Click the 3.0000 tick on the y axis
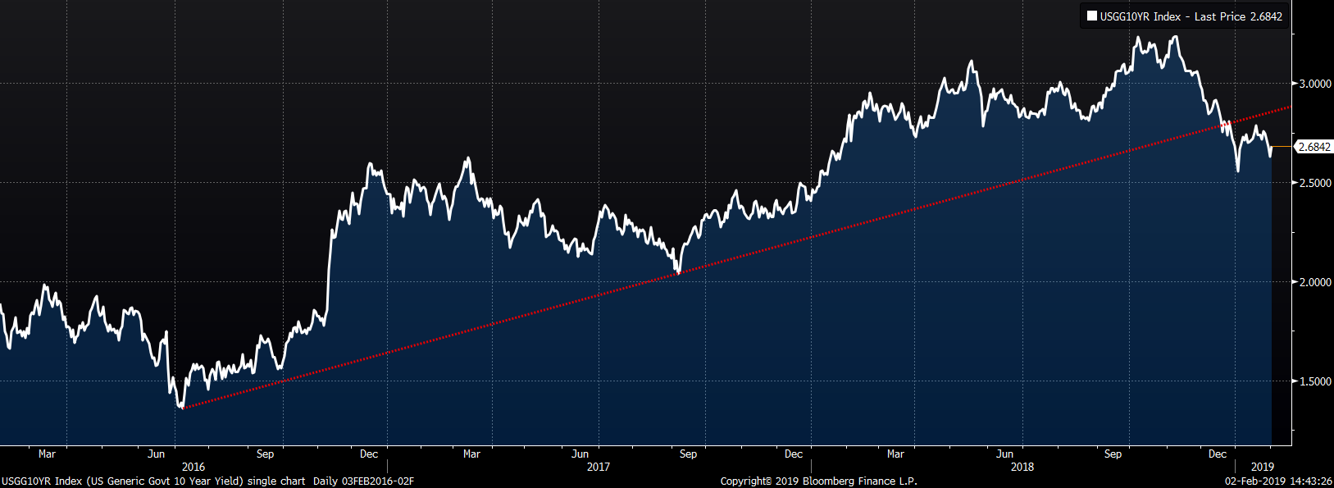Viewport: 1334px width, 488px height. pos(1314,84)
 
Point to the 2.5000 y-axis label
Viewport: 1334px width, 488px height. pos(1314,183)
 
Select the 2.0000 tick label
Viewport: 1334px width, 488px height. pos(1314,282)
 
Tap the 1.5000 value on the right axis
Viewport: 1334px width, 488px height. pos(1314,381)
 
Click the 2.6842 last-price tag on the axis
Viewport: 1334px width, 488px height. pos(1314,147)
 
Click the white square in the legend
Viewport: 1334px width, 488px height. pos(1092,16)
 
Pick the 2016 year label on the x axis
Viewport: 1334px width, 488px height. pos(193,467)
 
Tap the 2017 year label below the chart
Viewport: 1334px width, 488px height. pos(599,467)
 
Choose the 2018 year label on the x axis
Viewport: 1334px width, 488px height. pos(1022,467)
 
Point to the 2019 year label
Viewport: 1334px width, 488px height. pos(1263,467)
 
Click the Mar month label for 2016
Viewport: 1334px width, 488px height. pos(48,454)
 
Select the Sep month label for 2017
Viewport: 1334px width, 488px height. pos(689,454)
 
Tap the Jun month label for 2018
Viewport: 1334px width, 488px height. pos(1004,454)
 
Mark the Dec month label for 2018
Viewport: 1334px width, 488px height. pos(1218,454)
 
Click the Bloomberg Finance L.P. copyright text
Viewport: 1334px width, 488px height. pos(818,481)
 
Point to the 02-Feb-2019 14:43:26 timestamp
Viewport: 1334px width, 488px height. pos(1278,481)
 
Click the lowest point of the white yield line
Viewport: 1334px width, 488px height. pos(181,407)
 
